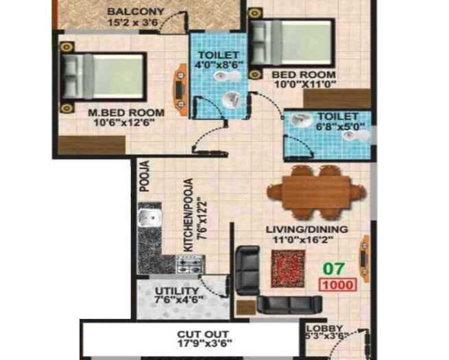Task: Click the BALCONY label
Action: click(x=134, y=11)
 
